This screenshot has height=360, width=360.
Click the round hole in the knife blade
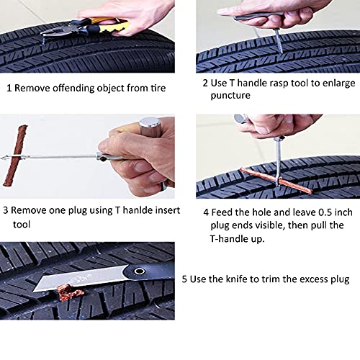137,272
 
